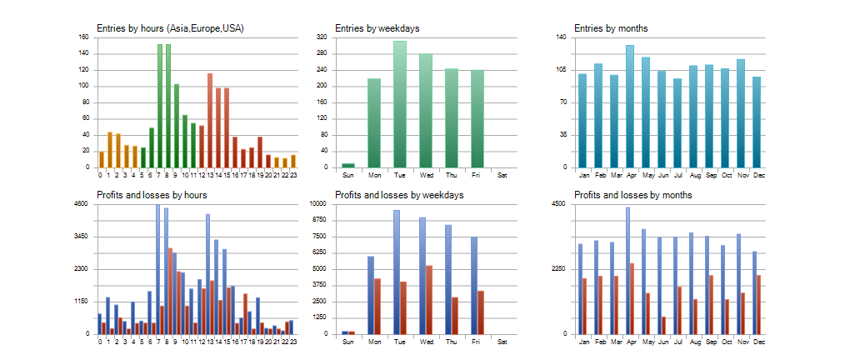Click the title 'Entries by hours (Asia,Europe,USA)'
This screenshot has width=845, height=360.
tap(170, 28)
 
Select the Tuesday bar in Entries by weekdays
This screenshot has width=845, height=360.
tap(400, 104)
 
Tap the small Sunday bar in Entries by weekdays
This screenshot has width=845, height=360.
tap(348, 165)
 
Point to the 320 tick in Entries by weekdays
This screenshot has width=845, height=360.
tap(322, 37)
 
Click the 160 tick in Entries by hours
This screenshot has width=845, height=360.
tap(83, 37)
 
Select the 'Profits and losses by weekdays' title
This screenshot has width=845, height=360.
tap(399, 195)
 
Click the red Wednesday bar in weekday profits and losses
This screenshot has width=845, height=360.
tap(429, 300)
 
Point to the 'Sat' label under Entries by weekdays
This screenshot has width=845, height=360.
tap(502, 175)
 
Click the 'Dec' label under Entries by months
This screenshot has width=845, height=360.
tap(759, 175)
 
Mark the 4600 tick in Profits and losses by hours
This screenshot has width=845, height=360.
tap(81, 204)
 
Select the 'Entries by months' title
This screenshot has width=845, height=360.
tap(611, 28)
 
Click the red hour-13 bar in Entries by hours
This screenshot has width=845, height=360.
tap(210, 121)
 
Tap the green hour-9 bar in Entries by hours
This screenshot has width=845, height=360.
tap(177, 126)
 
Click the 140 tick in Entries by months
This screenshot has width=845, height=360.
tap(561, 37)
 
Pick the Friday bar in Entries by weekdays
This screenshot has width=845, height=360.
tap(477, 118)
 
